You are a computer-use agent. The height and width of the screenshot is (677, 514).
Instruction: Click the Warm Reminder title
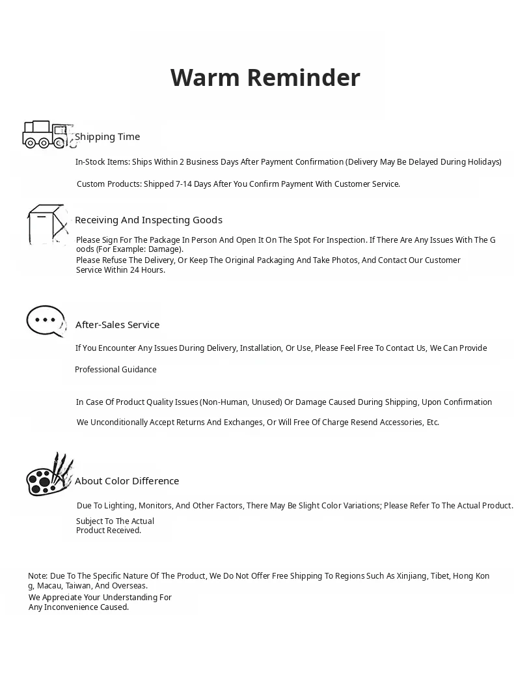click(x=265, y=77)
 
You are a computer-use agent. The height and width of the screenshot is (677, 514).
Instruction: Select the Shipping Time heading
click(x=107, y=137)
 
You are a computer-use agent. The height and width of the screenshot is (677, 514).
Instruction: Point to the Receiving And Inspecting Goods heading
click(x=148, y=220)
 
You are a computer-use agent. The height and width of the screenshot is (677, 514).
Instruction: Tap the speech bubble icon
click(x=46, y=321)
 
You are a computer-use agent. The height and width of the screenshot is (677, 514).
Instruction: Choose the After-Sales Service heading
click(x=117, y=325)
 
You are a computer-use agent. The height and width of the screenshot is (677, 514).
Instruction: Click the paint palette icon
click(x=49, y=475)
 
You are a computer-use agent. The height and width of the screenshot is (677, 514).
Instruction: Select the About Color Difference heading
click(x=127, y=481)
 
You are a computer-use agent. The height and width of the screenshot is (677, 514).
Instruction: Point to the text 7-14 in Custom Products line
click(x=183, y=184)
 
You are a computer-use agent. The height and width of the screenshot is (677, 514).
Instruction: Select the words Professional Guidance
click(x=116, y=370)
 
